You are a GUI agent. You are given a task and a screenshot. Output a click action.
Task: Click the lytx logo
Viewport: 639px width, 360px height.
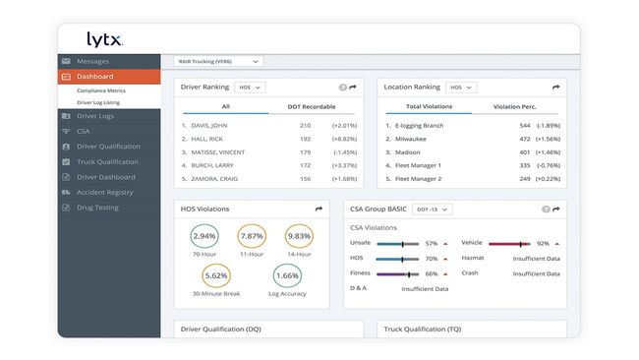click(104, 40)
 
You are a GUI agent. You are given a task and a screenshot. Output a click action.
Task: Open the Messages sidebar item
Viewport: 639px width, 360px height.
click(93, 61)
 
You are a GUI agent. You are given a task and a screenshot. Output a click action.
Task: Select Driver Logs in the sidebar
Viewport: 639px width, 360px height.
click(96, 117)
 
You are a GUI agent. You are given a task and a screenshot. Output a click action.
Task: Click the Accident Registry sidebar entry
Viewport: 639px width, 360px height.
click(104, 193)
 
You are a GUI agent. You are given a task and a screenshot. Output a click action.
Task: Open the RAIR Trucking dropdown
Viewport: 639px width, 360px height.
click(219, 61)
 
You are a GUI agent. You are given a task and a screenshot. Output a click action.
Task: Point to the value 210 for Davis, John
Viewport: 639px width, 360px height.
click(305, 126)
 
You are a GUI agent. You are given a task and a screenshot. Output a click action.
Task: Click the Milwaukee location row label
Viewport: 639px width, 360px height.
click(412, 139)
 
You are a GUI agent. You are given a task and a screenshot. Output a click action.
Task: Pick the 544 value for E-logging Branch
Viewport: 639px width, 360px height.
click(524, 126)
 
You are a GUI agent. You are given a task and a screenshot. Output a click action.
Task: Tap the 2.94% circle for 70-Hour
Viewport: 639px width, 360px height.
click(204, 237)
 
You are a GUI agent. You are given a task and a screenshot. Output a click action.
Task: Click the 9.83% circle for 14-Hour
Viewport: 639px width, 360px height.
click(298, 237)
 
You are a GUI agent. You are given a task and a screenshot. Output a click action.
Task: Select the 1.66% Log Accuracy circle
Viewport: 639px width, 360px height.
click(287, 277)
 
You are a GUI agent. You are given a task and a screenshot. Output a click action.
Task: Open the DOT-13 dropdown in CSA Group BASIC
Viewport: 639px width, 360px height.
click(434, 209)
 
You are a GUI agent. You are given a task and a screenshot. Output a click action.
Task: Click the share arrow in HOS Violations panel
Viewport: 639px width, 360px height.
click(319, 209)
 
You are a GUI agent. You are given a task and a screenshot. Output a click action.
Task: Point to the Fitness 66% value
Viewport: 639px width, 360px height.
click(431, 274)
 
